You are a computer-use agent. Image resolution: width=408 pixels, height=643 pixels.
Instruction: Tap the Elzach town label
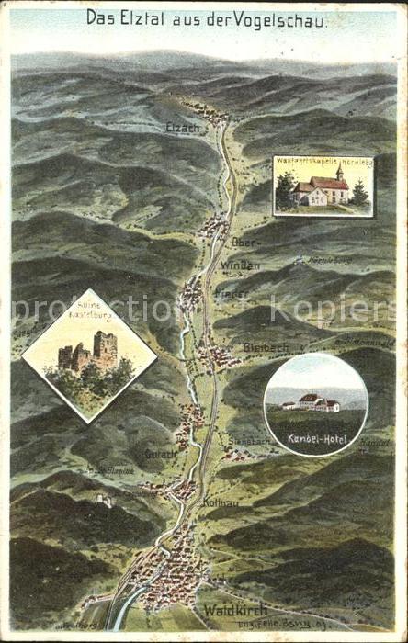coord(182,129)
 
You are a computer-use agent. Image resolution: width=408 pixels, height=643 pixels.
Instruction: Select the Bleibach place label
coord(267,346)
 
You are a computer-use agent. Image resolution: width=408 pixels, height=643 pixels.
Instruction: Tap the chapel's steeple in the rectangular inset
coord(339,172)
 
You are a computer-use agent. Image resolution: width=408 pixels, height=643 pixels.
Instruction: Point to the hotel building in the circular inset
coord(312,402)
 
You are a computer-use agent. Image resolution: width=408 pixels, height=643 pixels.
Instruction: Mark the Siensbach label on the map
coord(249,441)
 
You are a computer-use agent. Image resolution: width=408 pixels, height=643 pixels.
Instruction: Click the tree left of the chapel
coord(286,190)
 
